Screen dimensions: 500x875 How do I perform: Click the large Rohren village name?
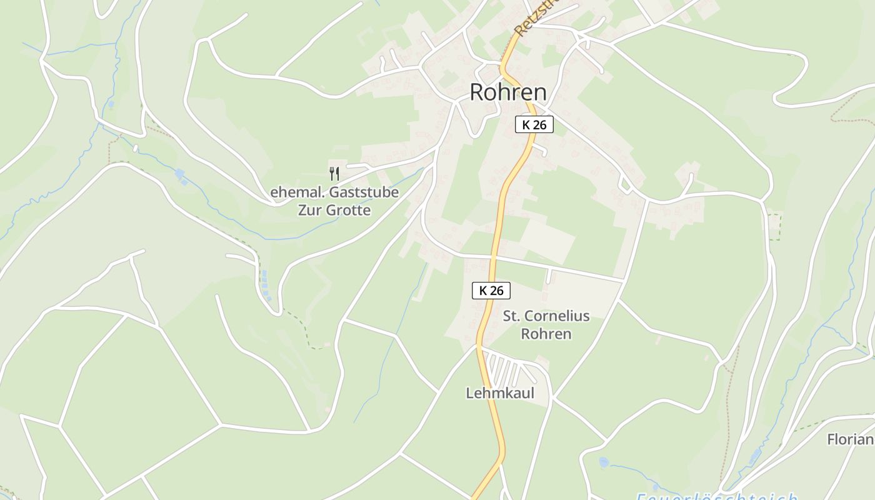coord(507,92)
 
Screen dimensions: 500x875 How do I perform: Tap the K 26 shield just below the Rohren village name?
coord(534,124)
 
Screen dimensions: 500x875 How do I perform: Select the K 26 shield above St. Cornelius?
coord(491,290)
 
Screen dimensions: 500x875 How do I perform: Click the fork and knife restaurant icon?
coord(334,173)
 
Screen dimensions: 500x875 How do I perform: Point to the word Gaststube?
coord(364,192)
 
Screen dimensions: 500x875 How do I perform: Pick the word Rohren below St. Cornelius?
coord(546,334)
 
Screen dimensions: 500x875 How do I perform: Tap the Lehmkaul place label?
coord(500,393)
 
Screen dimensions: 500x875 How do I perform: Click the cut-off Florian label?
coord(850,439)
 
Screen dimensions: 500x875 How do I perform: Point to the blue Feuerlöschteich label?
coord(717,496)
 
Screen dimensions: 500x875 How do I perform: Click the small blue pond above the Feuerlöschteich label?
coord(603,462)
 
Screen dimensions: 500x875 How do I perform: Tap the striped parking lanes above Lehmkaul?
coord(507,371)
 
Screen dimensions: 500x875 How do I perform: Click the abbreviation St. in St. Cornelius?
coord(511,316)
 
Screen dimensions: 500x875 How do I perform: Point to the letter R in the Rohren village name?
coord(477,92)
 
